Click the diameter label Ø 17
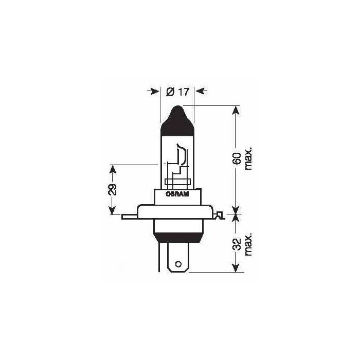point(176,92)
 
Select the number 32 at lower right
point(238,244)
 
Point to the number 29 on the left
point(114,189)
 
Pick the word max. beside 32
point(249,244)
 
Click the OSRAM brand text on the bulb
point(177,194)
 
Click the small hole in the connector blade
point(178,265)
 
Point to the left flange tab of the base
point(129,217)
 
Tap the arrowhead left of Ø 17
point(154,92)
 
